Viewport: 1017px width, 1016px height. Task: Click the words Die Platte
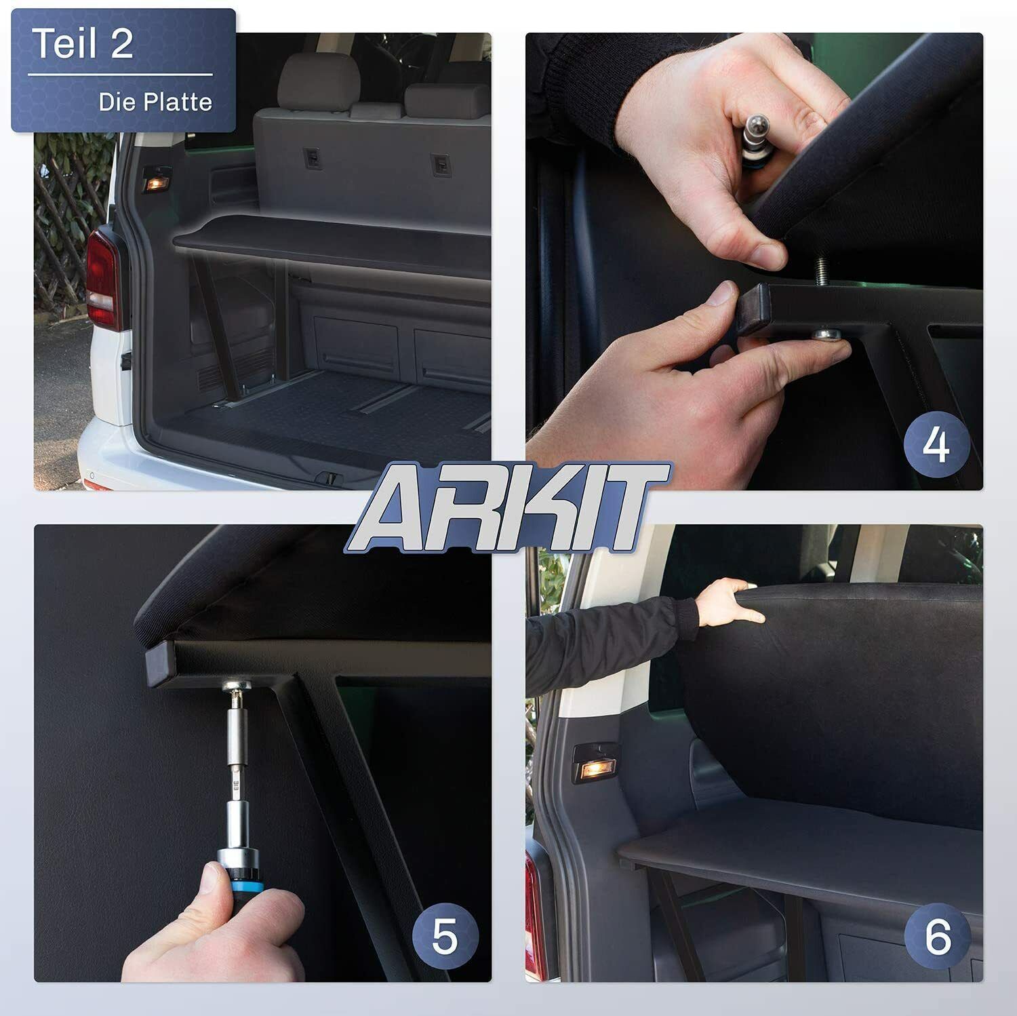155,102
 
